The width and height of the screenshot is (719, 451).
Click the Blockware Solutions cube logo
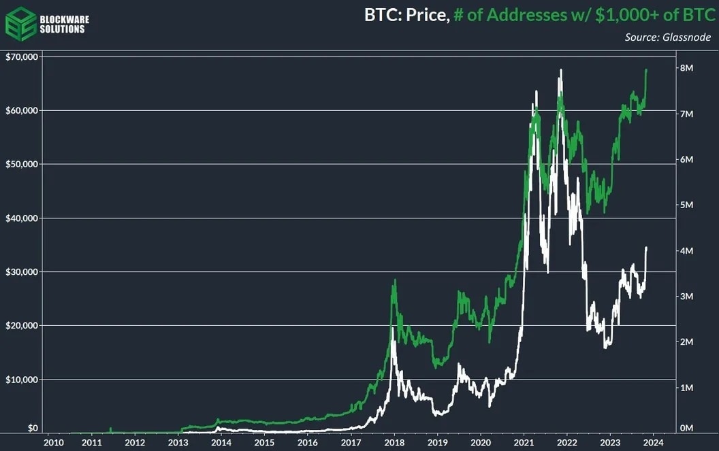(20, 24)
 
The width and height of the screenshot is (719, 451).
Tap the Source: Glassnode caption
(667, 37)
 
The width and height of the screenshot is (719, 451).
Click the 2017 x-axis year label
(351, 443)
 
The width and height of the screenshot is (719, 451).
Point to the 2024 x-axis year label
(653, 443)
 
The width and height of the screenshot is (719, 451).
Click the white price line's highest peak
(560, 69)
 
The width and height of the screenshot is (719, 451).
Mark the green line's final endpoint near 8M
(646, 69)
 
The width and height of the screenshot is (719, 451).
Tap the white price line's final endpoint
(646, 248)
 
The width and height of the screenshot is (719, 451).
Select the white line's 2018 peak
(393, 329)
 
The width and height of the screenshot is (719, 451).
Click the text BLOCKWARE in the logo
(65, 19)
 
